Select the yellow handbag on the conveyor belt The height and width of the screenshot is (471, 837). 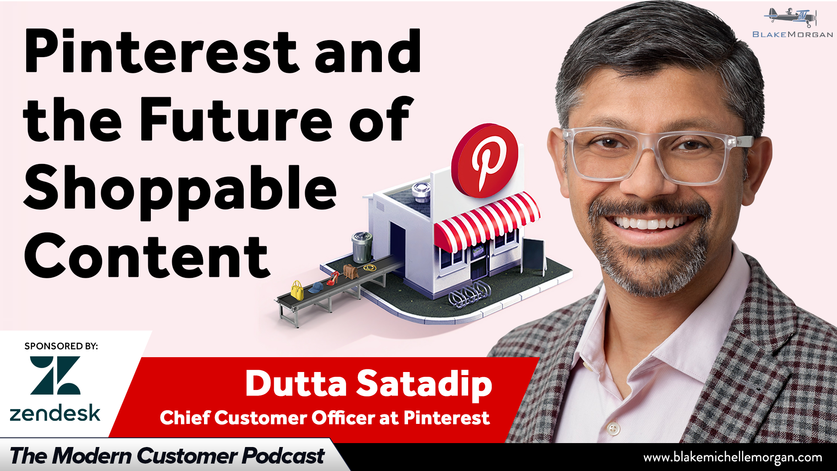(x=297, y=290)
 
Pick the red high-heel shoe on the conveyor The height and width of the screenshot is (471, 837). (x=333, y=278)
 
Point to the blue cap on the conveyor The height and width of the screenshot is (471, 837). (x=315, y=287)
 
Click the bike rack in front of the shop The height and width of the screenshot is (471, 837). (x=469, y=294)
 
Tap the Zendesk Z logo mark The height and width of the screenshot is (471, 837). (x=55, y=375)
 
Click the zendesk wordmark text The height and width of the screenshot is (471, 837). (x=55, y=413)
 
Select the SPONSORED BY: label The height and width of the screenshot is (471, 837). (x=61, y=346)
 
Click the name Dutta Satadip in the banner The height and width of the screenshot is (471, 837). (x=369, y=384)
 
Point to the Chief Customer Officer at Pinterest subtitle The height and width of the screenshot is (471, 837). (x=325, y=418)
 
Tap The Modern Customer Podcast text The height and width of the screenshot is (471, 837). (x=167, y=456)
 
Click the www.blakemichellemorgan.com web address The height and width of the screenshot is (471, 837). (x=733, y=457)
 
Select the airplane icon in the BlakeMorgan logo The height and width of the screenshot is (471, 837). (x=790, y=17)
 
